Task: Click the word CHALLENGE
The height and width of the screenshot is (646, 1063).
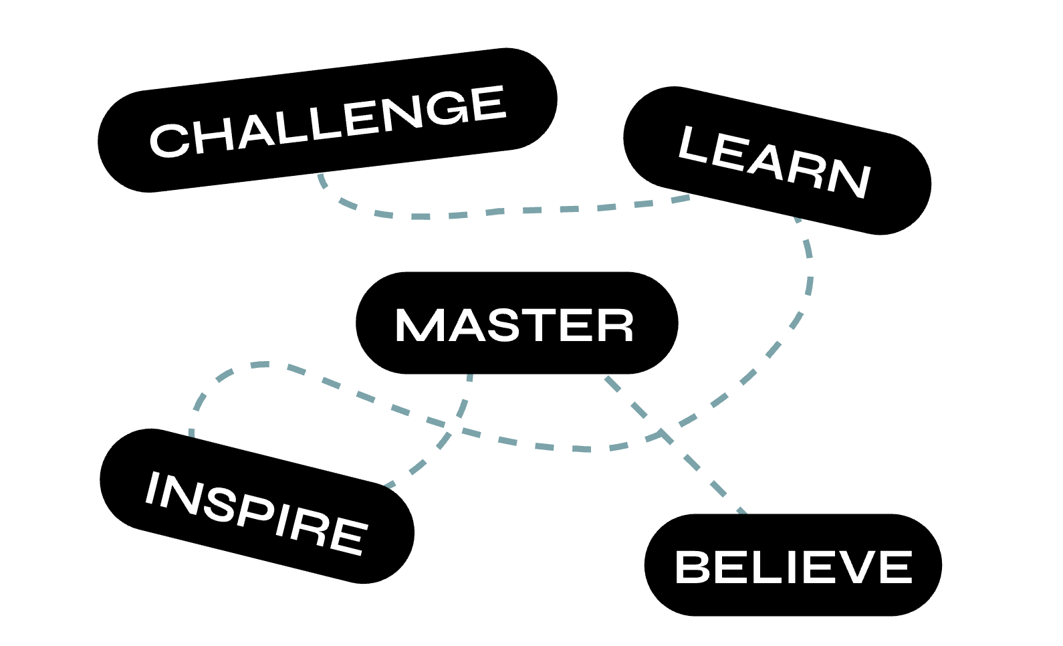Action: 328,121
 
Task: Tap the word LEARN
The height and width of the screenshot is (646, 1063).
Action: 775,161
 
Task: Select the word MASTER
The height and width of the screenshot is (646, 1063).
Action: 514,325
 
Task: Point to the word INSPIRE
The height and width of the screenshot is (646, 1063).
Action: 257,512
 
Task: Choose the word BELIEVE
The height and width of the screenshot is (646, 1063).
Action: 794,566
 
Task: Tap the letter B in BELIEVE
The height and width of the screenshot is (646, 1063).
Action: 691,566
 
